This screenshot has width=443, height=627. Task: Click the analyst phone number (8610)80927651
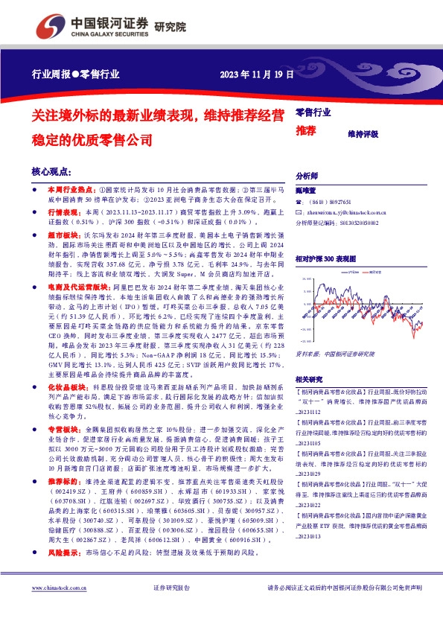click(x=330, y=202)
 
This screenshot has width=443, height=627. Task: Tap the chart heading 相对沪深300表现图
click(x=325, y=258)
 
